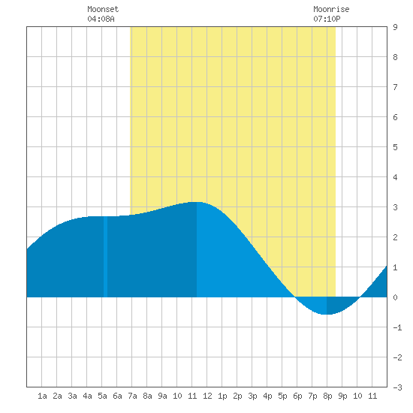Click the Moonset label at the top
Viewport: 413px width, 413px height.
[103, 9]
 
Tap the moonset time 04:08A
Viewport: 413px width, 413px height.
[101, 19]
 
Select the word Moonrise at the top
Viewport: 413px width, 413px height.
[331, 9]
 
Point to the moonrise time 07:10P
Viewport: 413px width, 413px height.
[327, 19]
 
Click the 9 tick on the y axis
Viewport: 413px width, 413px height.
[395, 27]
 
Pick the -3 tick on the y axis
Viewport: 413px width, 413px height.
[397, 387]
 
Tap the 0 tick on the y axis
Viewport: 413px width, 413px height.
[395, 297]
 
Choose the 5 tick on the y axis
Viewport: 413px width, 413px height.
[395, 147]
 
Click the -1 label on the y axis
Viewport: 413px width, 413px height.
[397, 327]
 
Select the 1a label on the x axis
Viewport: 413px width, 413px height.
[42, 396]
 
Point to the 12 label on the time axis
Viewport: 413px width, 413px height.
[207, 396]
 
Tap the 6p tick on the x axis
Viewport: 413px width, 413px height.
[297, 396]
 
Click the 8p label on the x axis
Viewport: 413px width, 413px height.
[327, 396]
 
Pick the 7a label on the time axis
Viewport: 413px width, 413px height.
[132, 396]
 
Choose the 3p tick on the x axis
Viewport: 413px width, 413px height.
[252, 396]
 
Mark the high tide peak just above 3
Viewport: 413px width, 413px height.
[197, 202]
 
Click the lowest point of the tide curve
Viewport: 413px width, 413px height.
[327, 314]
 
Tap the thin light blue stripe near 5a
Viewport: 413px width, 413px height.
[105, 257]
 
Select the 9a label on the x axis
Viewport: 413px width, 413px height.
[162, 396]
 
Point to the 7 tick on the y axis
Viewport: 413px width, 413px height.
[395, 87]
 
